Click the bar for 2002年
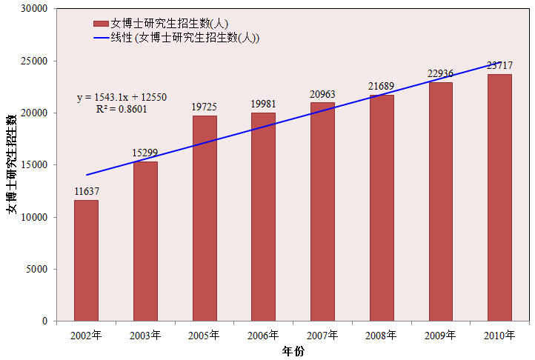click(86, 260)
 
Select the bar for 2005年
click(205, 218)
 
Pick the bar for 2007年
click(322, 212)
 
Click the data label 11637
click(87, 191)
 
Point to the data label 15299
click(145, 153)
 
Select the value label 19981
click(263, 104)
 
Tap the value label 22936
click(440, 73)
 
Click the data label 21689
click(381, 86)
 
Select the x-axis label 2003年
click(145, 335)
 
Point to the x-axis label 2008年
click(381, 335)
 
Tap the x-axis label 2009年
click(440, 335)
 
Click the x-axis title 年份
click(293, 351)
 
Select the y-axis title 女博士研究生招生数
click(11, 164)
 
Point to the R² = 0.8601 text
click(122, 109)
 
